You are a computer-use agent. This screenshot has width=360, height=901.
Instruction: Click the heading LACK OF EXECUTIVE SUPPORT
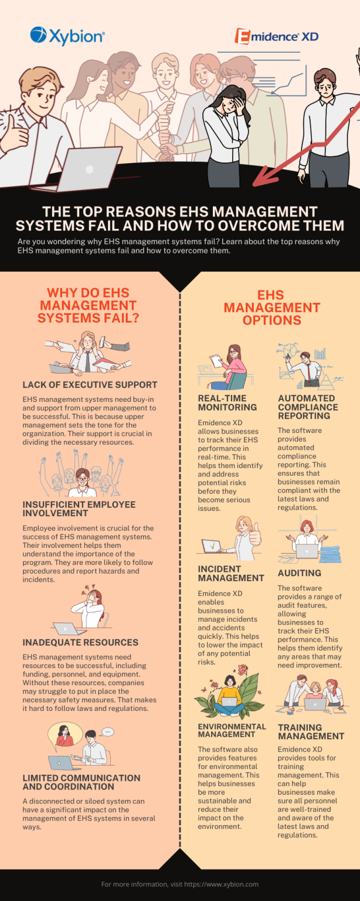(90, 385)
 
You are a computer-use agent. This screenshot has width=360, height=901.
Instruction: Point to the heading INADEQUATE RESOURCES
(80, 642)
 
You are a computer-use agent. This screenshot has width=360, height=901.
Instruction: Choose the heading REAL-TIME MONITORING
(227, 402)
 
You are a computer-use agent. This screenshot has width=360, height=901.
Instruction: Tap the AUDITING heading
(299, 573)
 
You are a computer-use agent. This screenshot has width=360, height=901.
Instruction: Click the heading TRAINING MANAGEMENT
(311, 731)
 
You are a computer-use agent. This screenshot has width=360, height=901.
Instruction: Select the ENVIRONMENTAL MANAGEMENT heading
(232, 730)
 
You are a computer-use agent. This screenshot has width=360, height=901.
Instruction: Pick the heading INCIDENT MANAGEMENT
(231, 573)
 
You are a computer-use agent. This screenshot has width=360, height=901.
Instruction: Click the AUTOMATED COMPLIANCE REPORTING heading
(308, 407)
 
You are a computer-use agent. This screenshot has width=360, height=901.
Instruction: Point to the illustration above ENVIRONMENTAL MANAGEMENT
(229, 693)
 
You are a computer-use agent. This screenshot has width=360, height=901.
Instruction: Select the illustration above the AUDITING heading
(307, 540)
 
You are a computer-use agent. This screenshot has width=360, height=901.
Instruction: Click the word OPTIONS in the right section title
(271, 320)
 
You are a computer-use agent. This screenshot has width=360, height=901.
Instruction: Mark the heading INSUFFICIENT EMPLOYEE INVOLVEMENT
(79, 509)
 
